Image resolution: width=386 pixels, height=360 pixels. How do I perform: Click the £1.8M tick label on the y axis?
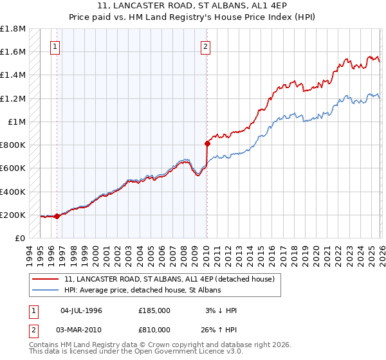click(x=13, y=29)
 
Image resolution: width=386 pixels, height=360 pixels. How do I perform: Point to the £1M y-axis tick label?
click(x=17, y=122)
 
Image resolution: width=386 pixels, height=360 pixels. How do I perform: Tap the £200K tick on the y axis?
click(x=13, y=215)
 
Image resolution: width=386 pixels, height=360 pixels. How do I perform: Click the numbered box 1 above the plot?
click(x=55, y=46)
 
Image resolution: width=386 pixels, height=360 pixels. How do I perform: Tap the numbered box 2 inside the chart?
click(x=205, y=46)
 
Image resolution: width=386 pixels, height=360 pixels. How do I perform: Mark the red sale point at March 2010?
click(x=207, y=143)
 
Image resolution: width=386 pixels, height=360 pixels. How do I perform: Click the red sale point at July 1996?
click(x=57, y=216)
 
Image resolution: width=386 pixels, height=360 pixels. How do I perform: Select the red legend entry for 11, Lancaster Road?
click(x=169, y=279)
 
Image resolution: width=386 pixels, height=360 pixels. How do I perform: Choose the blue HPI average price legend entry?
click(x=142, y=290)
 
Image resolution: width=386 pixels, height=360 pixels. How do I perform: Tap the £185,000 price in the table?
click(x=154, y=310)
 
